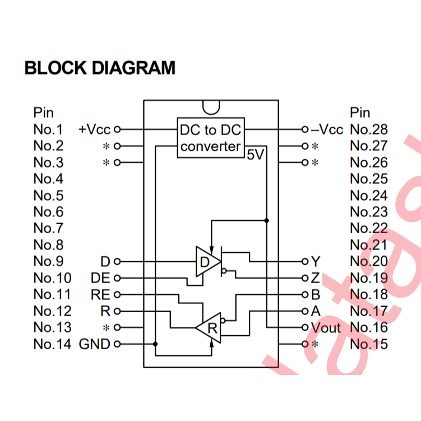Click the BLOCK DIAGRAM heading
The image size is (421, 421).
100,68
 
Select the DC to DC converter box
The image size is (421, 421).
210,138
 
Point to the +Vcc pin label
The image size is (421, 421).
95,129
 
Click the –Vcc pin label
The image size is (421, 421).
327,129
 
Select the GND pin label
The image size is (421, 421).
95,344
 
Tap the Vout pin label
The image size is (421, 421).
325,327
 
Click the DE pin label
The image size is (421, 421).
100,278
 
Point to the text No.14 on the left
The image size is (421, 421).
52,344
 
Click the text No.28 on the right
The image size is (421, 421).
368,129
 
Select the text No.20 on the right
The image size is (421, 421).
368,261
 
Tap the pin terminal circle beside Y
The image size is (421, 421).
305,261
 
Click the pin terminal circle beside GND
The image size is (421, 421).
117,344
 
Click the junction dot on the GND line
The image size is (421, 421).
155,344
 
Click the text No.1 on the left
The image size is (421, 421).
48,129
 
